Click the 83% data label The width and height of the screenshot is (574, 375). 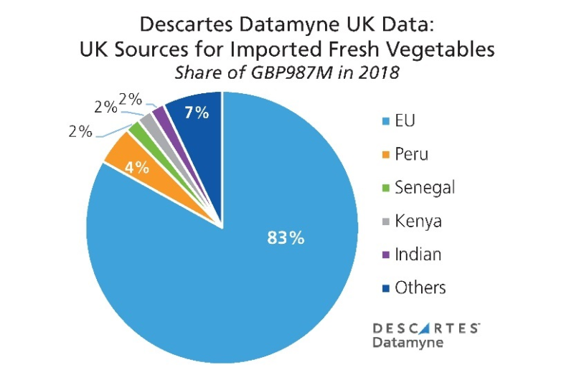[286, 237]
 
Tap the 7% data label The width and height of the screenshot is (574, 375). [197, 113]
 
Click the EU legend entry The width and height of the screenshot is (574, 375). [405, 120]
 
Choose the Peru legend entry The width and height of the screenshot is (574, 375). [412, 153]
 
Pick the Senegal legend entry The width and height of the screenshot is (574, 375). [424, 187]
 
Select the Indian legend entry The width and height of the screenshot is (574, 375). [418, 254]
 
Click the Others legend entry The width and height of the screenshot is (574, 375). [420, 288]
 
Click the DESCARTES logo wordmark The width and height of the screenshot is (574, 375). [426, 328]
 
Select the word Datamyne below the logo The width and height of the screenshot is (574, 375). [408, 343]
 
